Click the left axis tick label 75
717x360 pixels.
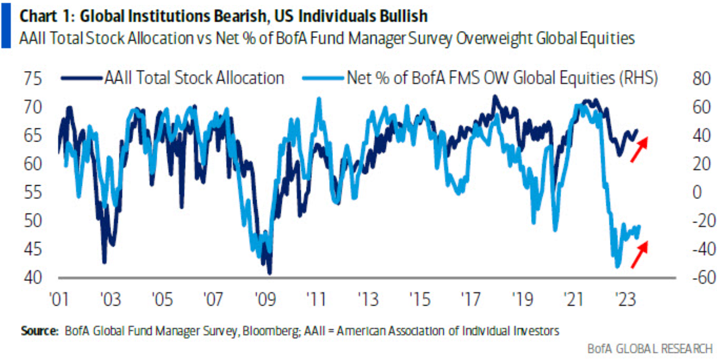(33, 79)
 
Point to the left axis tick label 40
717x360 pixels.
(33, 278)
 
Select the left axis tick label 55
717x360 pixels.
(33, 192)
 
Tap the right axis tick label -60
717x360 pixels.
(704, 278)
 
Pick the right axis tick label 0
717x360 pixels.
(697, 192)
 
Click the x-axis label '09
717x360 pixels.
(265, 299)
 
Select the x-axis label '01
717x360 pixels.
(60, 299)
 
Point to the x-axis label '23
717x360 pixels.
(625, 299)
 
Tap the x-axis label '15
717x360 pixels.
(420, 299)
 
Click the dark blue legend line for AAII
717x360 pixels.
(81, 78)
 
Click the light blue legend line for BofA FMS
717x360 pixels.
(323, 78)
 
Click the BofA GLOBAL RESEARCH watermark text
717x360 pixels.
(650, 349)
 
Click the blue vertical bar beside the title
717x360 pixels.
(6, 26)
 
